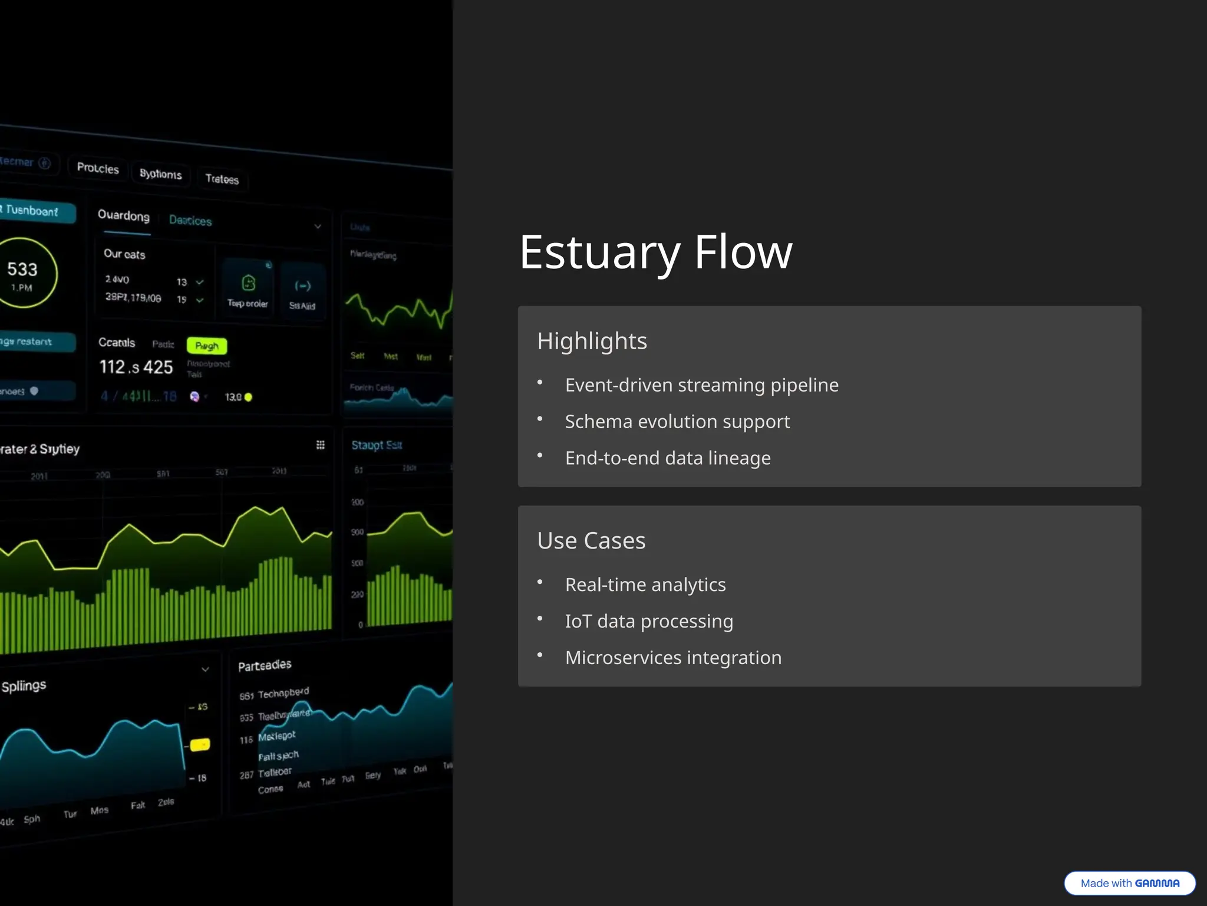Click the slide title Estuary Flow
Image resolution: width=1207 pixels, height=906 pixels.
(x=655, y=252)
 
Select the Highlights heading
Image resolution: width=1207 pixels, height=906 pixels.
(x=592, y=341)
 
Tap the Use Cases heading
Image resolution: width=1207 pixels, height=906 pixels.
(x=591, y=540)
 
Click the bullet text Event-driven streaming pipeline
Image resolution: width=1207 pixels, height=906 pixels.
(x=701, y=385)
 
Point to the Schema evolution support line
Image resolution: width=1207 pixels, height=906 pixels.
(x=677, y=422)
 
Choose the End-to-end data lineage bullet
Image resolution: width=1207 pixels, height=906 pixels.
(x=668, y=458)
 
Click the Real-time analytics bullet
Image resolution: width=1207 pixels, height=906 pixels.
(x=645, y=585)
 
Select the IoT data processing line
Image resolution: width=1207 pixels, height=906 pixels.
(x=649, y=621)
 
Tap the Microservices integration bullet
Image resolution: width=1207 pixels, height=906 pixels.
(x=673, y=658)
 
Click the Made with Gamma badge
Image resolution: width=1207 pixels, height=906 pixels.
(x=1129, y=883)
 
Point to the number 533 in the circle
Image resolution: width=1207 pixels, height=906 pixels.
(x=22, y=270)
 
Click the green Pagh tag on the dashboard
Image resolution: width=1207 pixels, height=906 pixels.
(x=207, y=346)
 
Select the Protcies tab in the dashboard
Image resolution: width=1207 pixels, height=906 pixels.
(x=98, y=169)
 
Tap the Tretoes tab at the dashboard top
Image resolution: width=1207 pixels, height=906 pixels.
(x=222, y=179)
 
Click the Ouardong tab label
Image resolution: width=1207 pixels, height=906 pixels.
(x=124, y=216)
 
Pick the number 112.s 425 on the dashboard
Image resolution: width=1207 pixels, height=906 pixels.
(x=136, y=367)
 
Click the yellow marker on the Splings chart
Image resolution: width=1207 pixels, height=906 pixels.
(x=200, y=745)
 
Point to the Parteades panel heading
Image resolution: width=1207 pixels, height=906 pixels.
(x=265, y=665)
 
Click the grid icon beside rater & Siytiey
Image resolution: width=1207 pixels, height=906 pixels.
(x=320, y=445)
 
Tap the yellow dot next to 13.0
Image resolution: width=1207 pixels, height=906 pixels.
(x=248, y=398)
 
